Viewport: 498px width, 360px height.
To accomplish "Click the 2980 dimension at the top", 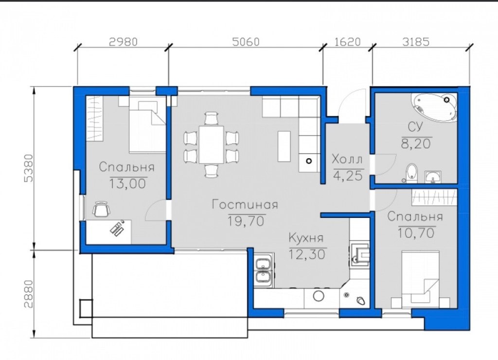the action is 123,42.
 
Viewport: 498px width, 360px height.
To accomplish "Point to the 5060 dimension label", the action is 246,42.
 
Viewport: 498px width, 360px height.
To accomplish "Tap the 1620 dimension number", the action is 348,42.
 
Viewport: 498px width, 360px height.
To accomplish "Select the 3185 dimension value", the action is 416,42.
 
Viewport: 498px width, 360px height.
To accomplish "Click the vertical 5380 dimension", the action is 29,168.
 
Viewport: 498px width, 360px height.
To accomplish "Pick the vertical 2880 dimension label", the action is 29,294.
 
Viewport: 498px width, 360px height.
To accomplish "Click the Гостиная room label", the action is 245,204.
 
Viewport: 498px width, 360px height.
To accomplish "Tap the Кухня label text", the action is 306,238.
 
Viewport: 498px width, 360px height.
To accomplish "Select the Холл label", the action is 347,159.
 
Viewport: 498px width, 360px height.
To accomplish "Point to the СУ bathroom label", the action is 415,127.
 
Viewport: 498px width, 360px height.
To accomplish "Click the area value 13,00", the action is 128,183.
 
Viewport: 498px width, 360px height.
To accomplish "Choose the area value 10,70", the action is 416,233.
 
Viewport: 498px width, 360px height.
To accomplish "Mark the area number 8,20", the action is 416,144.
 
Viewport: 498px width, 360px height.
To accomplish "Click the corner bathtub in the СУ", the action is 434,107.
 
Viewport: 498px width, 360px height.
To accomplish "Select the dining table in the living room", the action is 212,144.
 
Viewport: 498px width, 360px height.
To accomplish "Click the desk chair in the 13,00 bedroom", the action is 102,209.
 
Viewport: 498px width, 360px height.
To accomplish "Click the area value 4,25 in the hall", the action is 348,176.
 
